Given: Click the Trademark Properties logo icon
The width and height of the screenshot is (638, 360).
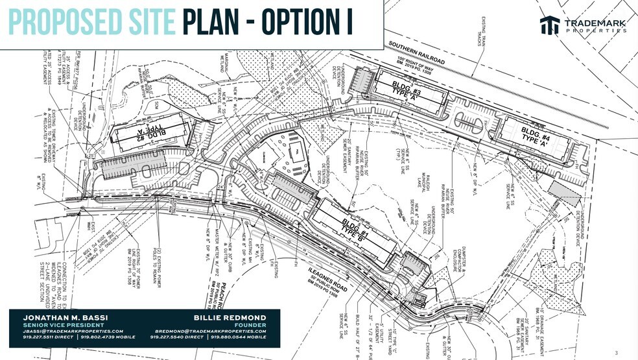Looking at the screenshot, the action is [x=550, y=25].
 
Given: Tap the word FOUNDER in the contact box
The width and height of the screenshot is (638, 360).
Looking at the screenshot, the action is [x=254, y=324].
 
